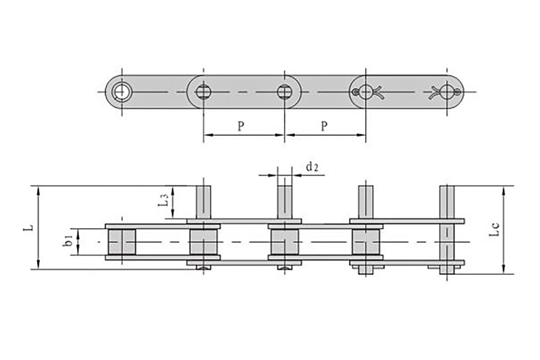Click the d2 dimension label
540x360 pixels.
(312, 166)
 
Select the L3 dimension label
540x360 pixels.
(162, 201)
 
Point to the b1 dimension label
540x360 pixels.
(68, 240)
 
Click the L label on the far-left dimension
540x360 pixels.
(27, 228)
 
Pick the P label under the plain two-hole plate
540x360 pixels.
(241, 126)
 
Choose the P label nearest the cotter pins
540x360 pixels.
(325, 126)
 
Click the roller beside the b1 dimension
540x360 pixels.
(122, 242)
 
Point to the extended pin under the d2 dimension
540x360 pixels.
(285, 201)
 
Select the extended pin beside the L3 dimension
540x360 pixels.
(204, 201)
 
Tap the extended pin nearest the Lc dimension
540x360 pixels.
(447, 201)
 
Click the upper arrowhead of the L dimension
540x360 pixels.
(38, 190)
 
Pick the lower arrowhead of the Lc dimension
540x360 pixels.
(504, 269)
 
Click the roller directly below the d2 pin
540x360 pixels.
(285, 242)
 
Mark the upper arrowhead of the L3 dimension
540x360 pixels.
(174, 191)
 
